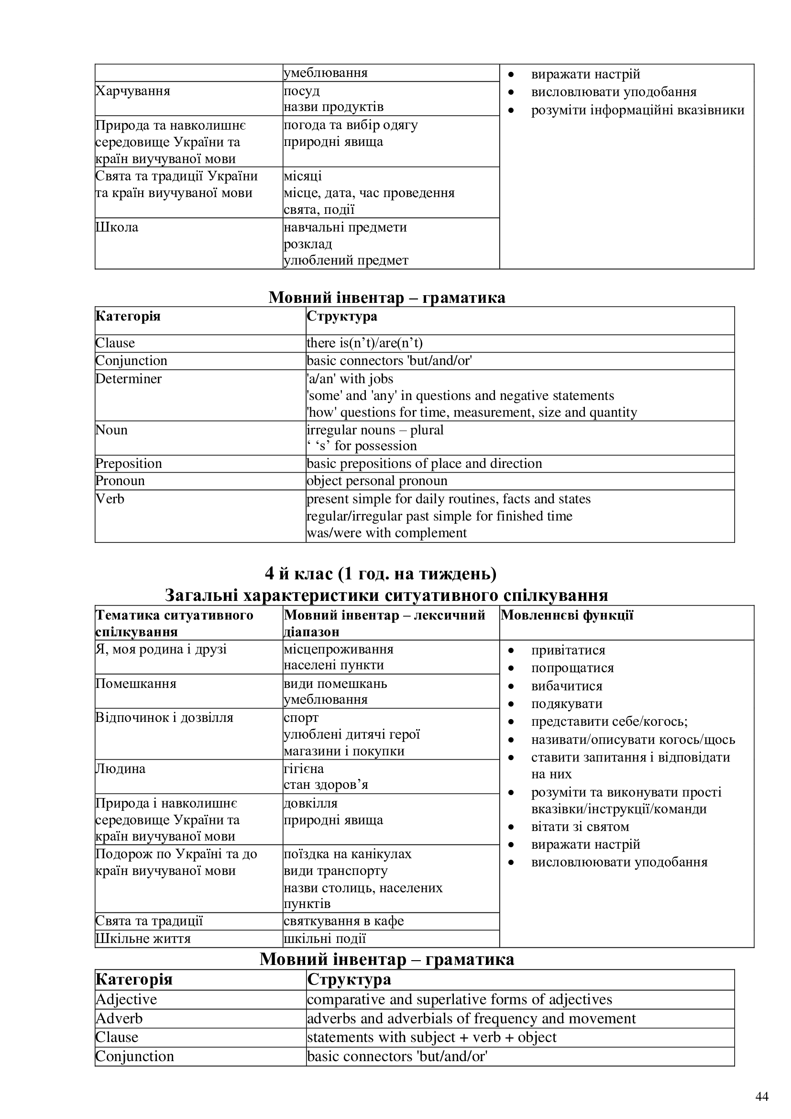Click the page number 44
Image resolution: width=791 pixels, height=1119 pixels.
pyautogui.click(x=762, y=1097)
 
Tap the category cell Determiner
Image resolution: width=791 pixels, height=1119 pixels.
pyautogui.click(x=129, y=379)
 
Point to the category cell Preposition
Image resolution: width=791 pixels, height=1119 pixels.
pyautogui.click(x=129, y=464)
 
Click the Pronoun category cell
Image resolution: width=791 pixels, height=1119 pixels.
pyautogui.click(x=121, y=481)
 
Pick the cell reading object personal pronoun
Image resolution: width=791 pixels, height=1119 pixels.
pyautogui.click(x=377, y=481)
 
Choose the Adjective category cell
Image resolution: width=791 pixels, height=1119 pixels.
pyautogui.click(x=126, y=999)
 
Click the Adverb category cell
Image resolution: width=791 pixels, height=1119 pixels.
pyautogui.click(x=120, y=1019)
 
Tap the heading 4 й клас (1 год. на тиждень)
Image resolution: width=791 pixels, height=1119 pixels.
pyautogui.click(x=380, y=574)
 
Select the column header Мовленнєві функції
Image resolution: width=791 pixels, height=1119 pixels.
pyautogui.click(x=567, y=615)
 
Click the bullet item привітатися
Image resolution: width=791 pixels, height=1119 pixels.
pyautogui.click(x=568, y=650)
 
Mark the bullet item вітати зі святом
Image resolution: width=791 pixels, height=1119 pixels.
pyautogui.click(x=580, y=827)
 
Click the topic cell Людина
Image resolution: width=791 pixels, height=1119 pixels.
pyautogui.click(x=121, y=769)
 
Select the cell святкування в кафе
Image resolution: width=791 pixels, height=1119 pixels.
pyautogui.click(x=344, y=921)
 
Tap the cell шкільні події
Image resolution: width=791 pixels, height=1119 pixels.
pyautogui.click(x=325, y=939)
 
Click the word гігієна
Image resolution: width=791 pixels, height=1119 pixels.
pyautogui.click(x=304, y=769)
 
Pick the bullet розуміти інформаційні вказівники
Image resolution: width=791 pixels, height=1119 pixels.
pyautogui.click(x=637, y=110)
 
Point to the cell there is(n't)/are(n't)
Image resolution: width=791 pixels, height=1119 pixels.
pyautogui.click(x=365, y=343)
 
